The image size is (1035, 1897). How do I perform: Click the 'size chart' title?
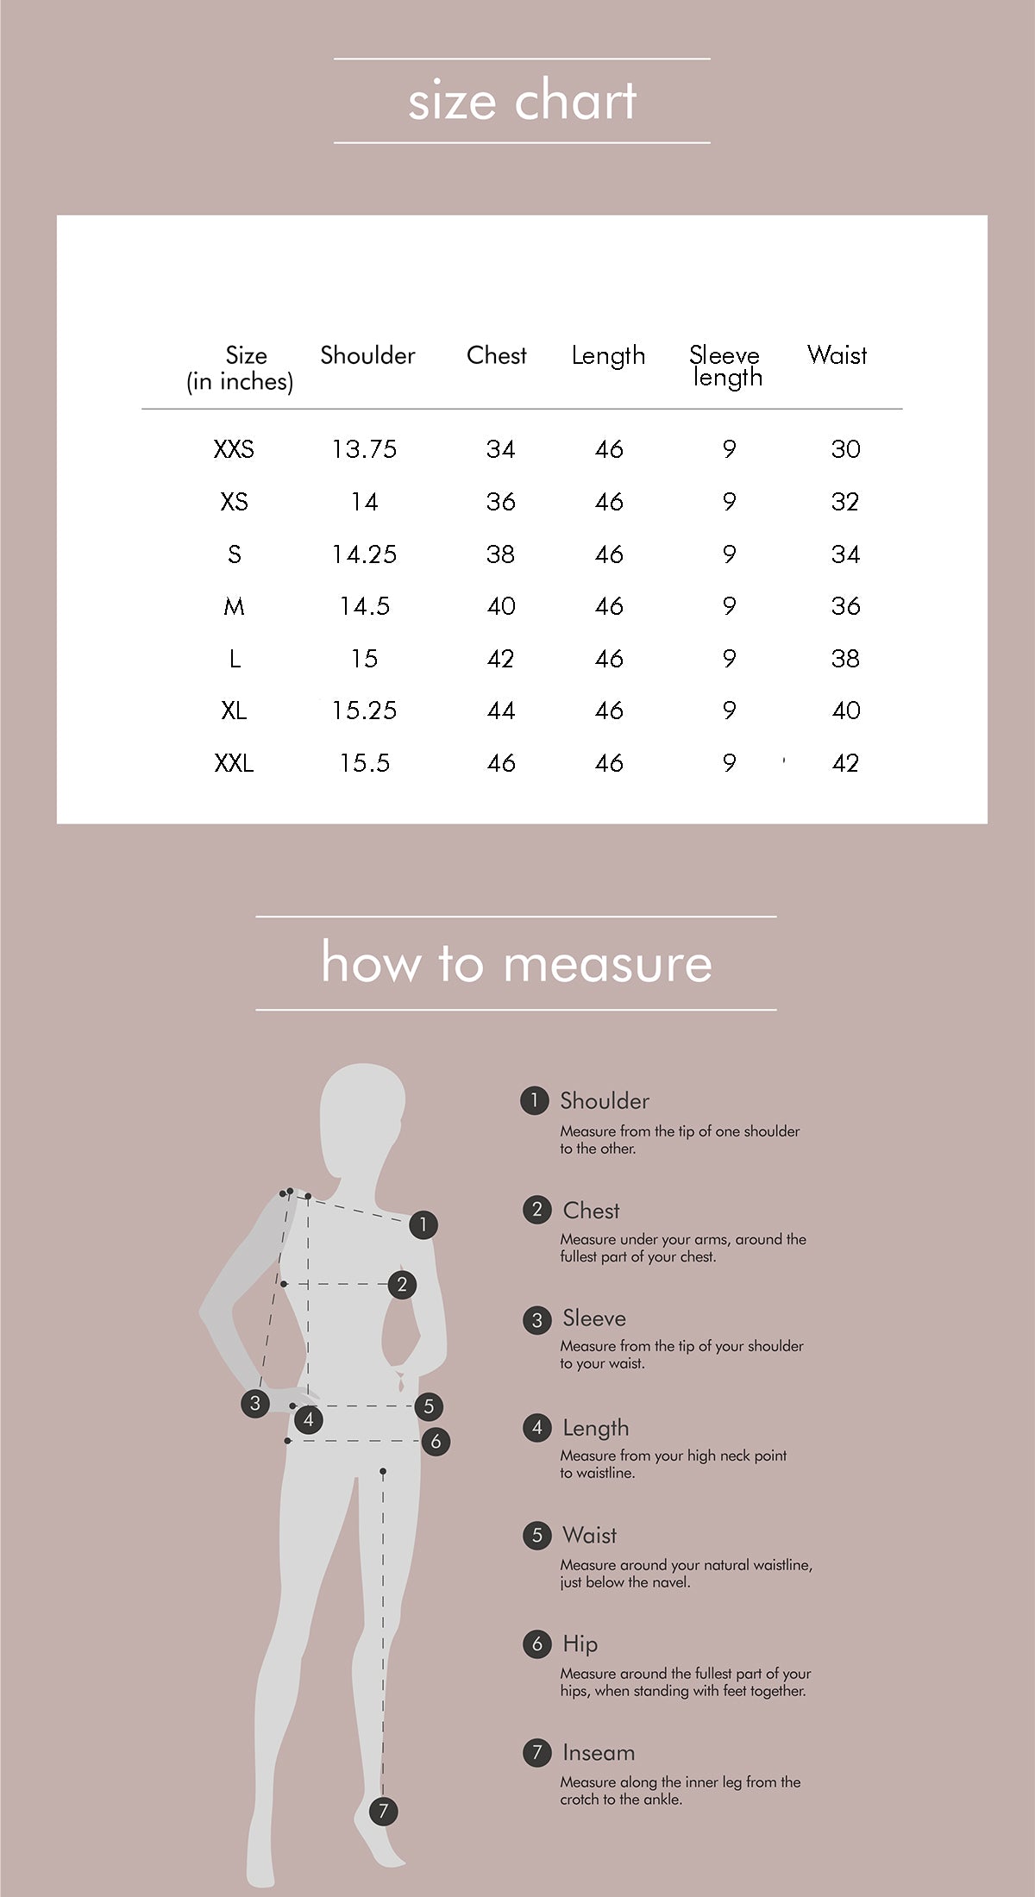pyautogui.click(x=522, y=101)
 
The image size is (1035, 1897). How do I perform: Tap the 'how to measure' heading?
pyautogui.click(x=517, y=962)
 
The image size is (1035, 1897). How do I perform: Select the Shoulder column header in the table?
pyautogui.click(x=367, y=355)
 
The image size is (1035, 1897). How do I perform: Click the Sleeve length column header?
pyautogui.click(x=725, y=366)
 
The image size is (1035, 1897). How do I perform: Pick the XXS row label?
pyautogui.click(x=234, y=449)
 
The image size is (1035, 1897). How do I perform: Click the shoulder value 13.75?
pyautogui.click(x=364, y=449)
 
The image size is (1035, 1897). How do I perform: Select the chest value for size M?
pyautogui.click(x=501, y=606)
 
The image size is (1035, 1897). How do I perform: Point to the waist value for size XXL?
pyautogui.click(x=846, y=763)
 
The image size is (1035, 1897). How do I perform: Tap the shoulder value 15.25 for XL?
pyautogui.click(x=364, y=711)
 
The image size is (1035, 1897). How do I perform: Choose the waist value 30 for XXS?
pyautogui.click(x=846, y=449)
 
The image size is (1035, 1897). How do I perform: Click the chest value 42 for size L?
pyautogui.click(x=501, y=659)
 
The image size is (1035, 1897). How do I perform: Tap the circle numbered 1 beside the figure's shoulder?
pyautogui.click(x=423, y=1224)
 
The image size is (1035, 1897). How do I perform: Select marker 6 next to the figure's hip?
pyautogui.click(x=436, y=1441)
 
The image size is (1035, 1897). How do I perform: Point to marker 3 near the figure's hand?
pyautogui.click(x=254, y=1403)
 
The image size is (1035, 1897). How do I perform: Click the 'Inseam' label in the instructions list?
pyautogui.click(x=599, y=1752)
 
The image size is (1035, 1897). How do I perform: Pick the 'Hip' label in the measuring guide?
pyautogui.click(x=580, y=1643)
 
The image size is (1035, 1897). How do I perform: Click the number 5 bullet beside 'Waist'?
pyautogui.click(x=536, y=1535)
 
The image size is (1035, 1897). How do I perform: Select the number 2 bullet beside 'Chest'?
pyautogui.click(x=536, y=1210)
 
